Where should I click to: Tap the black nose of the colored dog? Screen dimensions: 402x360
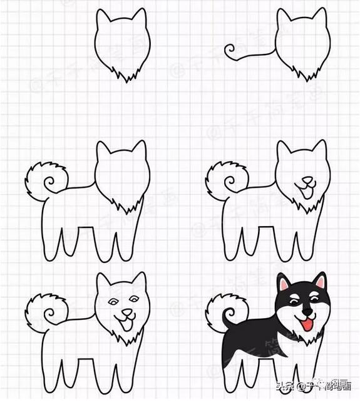306,311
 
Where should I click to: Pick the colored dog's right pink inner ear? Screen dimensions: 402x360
321,283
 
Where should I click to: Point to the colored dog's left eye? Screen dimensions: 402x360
294,302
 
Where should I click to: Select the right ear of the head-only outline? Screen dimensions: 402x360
140,19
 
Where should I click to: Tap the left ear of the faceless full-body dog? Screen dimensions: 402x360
103,152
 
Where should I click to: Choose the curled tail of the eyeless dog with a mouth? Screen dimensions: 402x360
225,178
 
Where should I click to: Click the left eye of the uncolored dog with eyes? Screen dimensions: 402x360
113,301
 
